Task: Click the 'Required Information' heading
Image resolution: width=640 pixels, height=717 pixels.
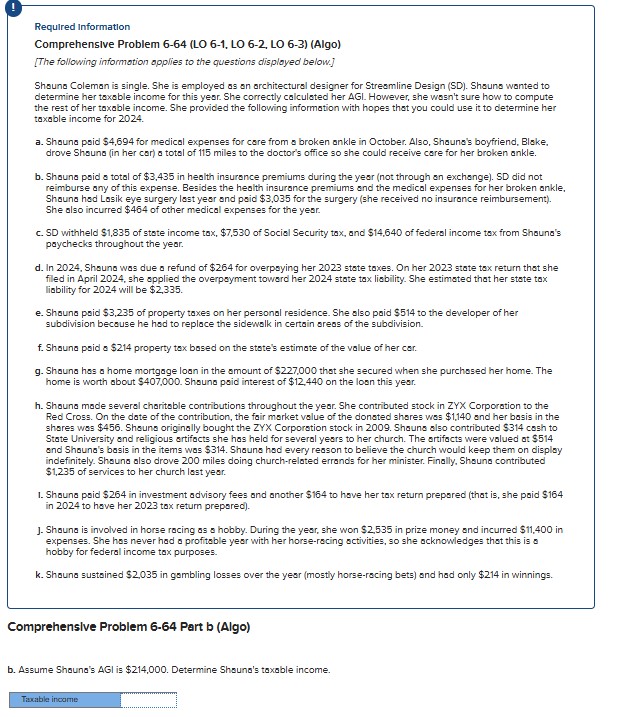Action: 82,27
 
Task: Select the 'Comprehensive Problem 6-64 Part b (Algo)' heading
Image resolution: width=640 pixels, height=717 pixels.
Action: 129,627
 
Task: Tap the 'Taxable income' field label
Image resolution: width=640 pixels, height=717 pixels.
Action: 50,699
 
